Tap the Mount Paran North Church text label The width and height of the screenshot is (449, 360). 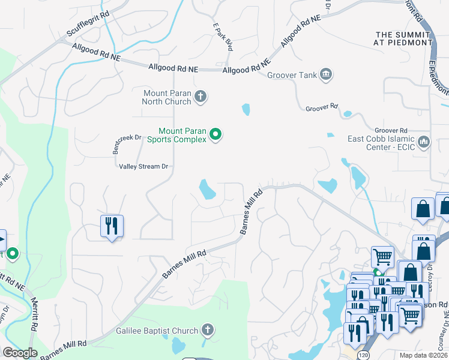[x=167, y=97]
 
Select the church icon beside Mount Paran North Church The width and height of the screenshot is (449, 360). [x=200, y=96]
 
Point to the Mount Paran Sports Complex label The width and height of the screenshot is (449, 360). [x=182, y=135]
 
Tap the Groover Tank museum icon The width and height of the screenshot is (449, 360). [x=326, y=74]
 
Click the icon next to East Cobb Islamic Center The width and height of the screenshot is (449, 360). [x=424, y=142]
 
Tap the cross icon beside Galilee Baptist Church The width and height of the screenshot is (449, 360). [x=207, y=330]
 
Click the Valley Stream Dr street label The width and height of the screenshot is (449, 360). [x=143, y=166]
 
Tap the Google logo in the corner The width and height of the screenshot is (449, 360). [x=20, y=353]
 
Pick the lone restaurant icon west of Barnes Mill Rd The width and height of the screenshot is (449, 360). [x=112, y=226]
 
